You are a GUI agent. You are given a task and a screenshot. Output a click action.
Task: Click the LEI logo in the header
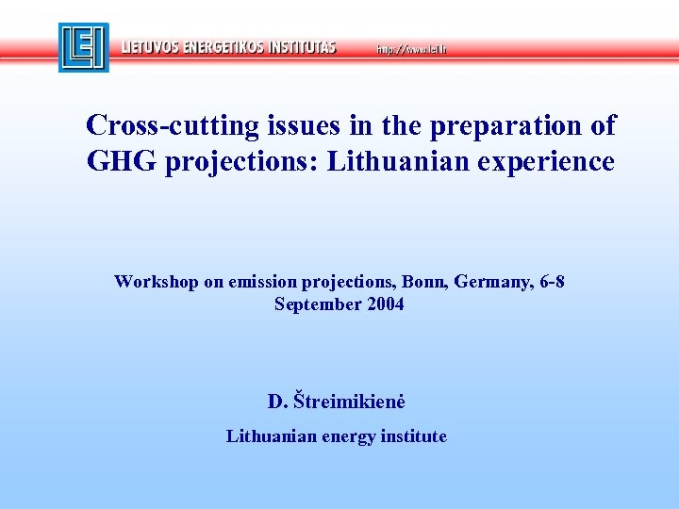point(83,47)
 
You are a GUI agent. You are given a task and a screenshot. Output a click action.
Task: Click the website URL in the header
point(411,48)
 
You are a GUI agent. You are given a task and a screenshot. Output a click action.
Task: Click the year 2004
point(386,304)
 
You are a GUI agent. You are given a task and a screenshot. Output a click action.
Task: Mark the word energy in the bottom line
point(348,437)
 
